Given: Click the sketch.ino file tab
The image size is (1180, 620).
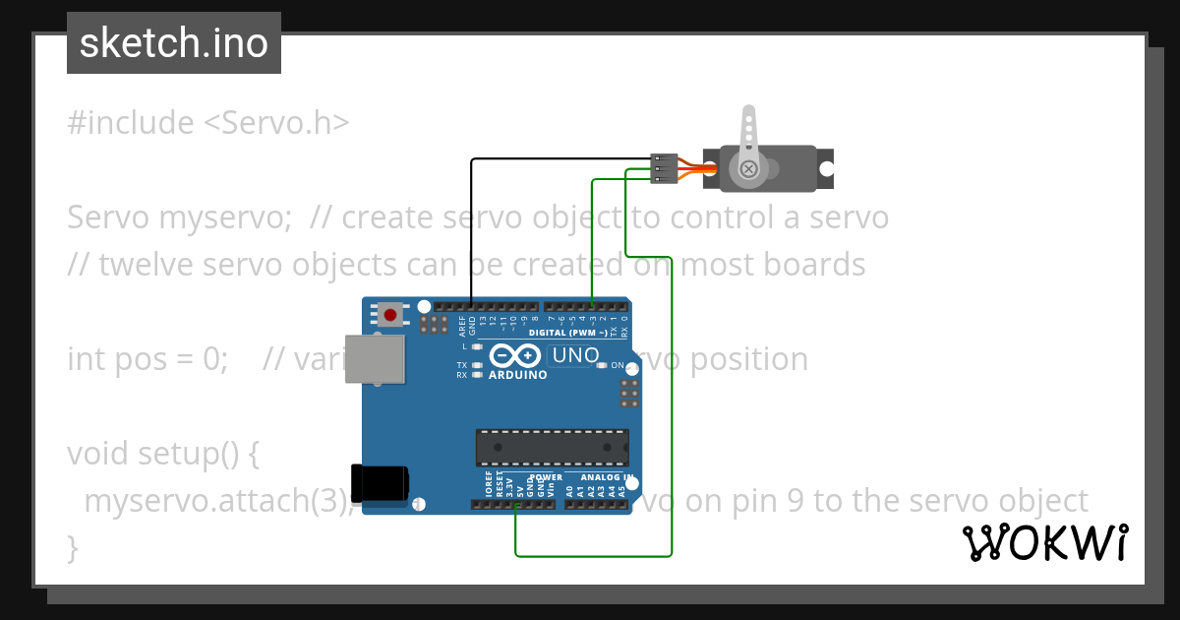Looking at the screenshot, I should [x=174, y=43].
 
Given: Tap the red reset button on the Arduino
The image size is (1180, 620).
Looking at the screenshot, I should [x=390, y=316].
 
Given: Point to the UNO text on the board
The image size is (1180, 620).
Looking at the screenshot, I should [x=575, y=355].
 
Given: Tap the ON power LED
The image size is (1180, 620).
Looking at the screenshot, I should [x=602, y=365].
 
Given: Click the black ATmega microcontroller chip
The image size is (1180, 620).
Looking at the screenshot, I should [x=552, y=447].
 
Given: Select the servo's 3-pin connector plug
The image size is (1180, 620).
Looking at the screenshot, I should [x=666, y=168].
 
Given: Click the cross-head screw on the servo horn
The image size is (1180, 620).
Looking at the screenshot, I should [x=749, y=168].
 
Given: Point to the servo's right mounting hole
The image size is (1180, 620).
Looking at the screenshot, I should [x=827, y=168].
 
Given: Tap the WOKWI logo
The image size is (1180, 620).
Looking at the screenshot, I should [x=1044, y=542].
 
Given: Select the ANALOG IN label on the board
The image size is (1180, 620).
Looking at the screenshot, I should [x=600, y=477].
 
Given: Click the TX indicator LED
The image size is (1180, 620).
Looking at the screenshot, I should [x=477, y=365].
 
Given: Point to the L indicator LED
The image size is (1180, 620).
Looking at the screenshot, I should [x=477, y=346].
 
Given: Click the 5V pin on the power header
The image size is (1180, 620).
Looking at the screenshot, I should [x=517, y=505].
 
